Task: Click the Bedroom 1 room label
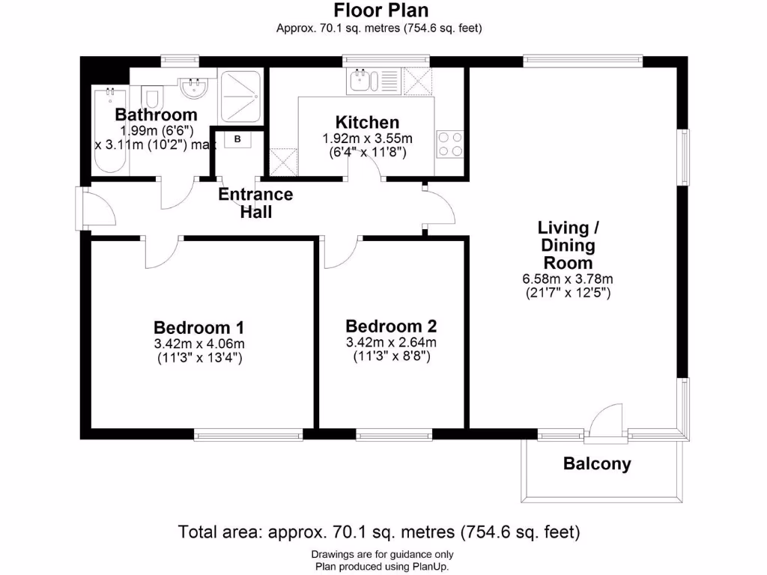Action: point(198,327)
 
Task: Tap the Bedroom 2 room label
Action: point(391,326)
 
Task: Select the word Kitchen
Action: point(367,122)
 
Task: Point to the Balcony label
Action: point(597,464)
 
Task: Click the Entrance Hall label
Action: point(255,203)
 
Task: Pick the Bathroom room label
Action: point(156,115)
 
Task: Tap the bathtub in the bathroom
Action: point(109,131)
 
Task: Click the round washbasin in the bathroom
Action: point(194,89)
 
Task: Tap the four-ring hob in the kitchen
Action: point(449,144)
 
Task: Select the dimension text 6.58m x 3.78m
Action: point(567,279)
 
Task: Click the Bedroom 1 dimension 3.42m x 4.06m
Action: point(198,344)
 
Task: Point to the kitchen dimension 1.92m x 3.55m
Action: point(367,139)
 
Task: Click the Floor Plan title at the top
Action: point(381,10)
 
